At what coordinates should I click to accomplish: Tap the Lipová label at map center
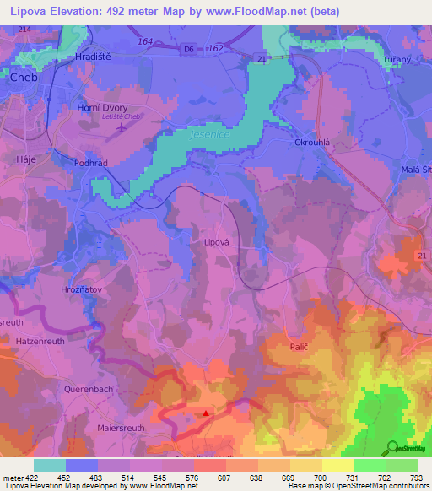pos(217,241)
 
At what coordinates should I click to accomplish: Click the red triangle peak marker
pos(206,413)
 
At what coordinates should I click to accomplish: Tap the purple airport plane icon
pos(123,128)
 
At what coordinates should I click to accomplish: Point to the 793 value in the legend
pos(416,477)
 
